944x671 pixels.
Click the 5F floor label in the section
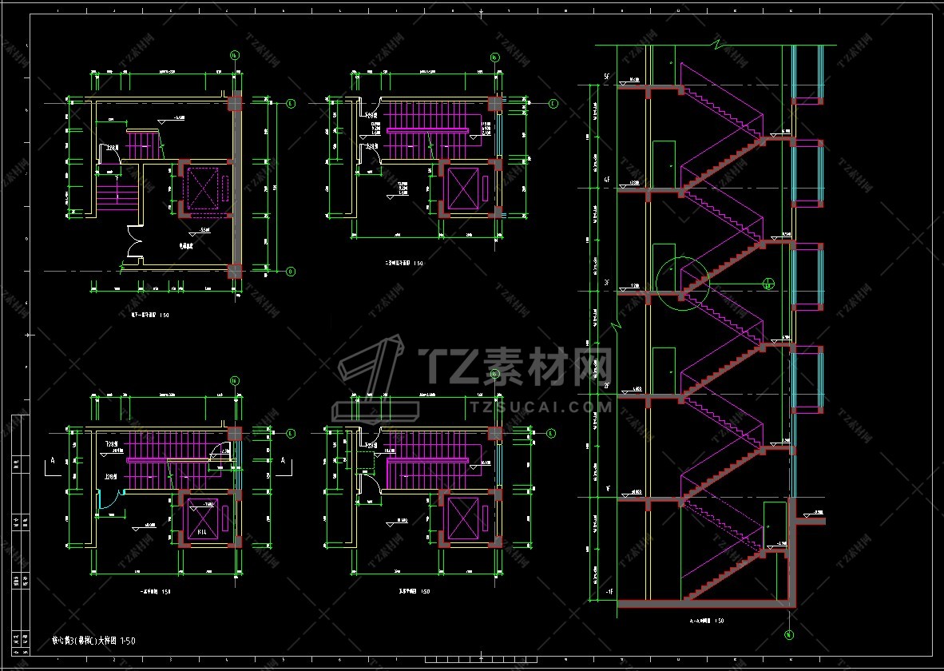pos(607,76)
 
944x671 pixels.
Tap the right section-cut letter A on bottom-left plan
pos(282,461)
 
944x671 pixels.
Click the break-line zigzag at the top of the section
pos(718,44)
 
